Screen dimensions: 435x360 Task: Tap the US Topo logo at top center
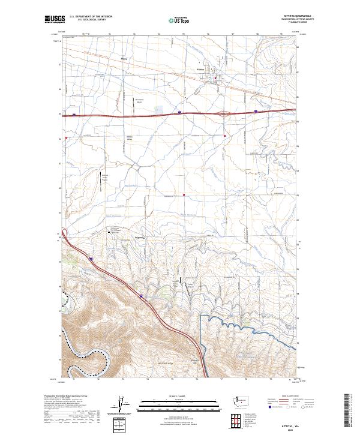176,20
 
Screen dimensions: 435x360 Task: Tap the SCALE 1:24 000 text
179,396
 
